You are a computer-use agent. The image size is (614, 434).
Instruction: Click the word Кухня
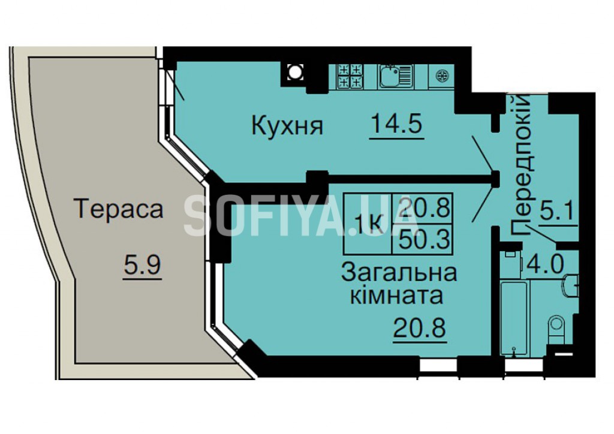(287, 125)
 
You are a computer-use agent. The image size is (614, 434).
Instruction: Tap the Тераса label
(118, 209)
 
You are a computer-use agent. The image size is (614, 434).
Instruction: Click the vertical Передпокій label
(522, 164)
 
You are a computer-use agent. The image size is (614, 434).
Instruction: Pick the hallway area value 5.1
(556, 212)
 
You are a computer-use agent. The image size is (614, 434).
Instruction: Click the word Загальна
(399, 273)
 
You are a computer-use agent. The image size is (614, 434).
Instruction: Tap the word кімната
(396, 296)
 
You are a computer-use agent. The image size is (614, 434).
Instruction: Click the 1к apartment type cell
(368, 224)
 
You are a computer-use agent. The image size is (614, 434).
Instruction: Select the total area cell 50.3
(423, 239)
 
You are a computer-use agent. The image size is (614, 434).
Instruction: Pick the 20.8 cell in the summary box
(423, 209)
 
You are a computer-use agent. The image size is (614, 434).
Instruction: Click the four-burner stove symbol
(350, 76)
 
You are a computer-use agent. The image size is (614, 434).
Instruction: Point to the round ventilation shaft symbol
(294, 71)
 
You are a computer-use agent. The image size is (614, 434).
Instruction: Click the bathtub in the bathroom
(513, 317)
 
